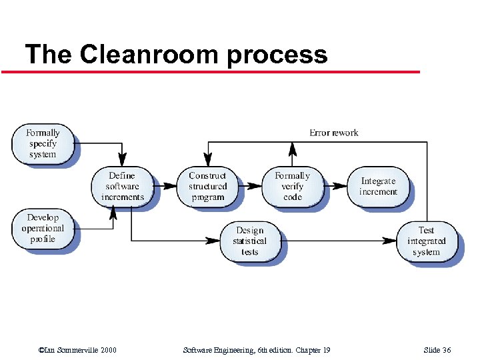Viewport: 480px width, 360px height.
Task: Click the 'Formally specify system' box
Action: coord(43,143)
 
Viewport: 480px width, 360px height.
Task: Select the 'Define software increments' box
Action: coord(122,186)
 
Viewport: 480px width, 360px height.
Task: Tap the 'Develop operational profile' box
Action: coord(43,228)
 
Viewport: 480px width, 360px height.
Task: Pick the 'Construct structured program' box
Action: coord(207,186)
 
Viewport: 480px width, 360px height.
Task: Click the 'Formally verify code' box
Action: coord(292,186)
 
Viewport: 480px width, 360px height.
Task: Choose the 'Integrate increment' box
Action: coord(378,186)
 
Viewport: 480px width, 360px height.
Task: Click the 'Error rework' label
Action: coord(333,133)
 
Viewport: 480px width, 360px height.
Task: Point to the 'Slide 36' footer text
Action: coord(437,351)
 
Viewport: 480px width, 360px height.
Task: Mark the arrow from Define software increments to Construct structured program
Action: coord(165,187)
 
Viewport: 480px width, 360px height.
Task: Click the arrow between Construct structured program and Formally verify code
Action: coord(251,187)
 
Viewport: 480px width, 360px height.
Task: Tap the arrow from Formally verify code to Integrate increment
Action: coord(335,187)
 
